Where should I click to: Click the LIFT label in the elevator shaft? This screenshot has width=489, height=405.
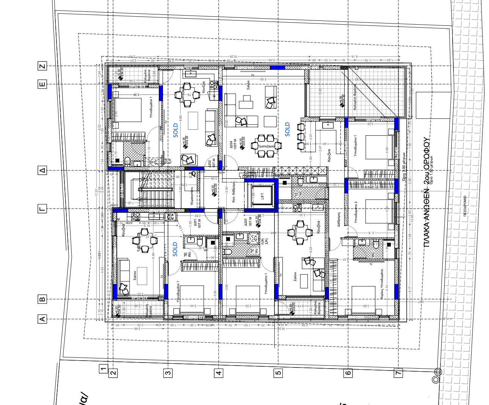(262, 196)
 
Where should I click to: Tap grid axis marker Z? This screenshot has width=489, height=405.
(42, 66)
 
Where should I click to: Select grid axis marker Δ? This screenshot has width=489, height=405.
(42, 170)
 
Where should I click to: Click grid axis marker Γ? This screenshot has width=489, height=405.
(42, 209)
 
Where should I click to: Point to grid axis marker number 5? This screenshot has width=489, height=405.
(278, 373)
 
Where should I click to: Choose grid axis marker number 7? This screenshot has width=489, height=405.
(398, 373)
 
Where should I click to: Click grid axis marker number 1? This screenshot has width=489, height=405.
(103, 368)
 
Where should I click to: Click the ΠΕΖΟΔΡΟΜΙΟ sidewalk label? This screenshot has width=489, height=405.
(465, 205)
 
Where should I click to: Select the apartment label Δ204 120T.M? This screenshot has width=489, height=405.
(233, 145)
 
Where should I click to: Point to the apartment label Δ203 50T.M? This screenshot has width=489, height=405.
(248, 222)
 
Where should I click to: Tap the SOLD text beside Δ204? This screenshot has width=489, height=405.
(287, 129)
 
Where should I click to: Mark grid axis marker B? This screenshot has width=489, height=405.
(42, 299)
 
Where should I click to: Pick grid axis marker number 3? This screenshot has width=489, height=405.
(168, 373)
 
